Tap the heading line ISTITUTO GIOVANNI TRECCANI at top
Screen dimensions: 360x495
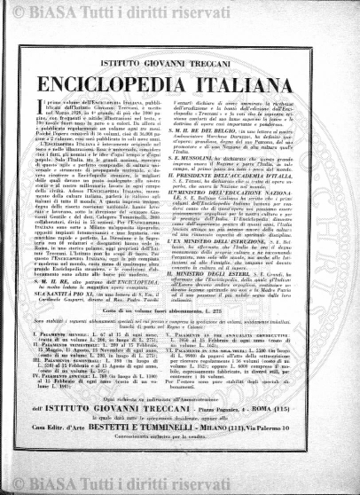[180, 51]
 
